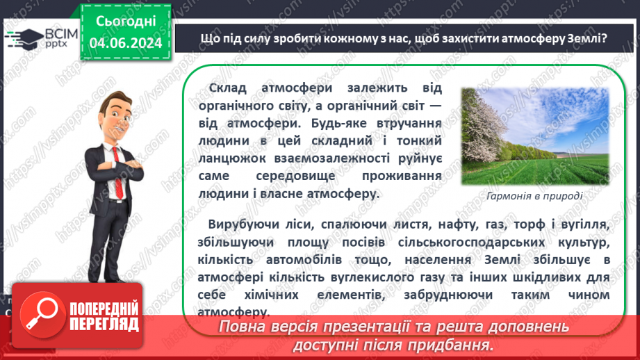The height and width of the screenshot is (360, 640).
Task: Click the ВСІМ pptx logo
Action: pos(34,38)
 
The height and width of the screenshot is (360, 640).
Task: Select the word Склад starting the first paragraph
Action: pos(229,90)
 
